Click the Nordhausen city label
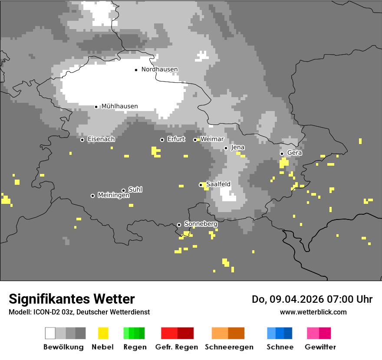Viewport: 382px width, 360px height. pyautogui.click(x=159, y=69)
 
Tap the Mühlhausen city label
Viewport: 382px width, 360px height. pyautogui.click(x=119, y=106)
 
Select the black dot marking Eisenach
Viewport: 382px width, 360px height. pyautogui.click(x=82, y=140)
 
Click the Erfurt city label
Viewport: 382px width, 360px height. pyautogui.click(x=176, y=139)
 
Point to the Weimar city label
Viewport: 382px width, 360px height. pyautogui.click(x=212, y=139)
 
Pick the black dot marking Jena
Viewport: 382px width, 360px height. pyautogui.click(x=226, y=148)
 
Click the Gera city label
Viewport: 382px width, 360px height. pyautogui.click(x=294, y=153)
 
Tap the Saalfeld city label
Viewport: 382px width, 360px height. pyautogui.click(x=218, y=184)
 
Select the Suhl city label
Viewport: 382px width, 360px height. pyautogui.click(x=135, y=190)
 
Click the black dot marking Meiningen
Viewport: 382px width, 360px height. pyautogui.click(x=92, y=196)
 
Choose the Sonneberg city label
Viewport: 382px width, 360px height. pyautogui.click(x=201, y=224)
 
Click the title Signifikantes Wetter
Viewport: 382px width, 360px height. pyautogui.click(x=72, y=299)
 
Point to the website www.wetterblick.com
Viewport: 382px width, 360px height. pyautogui.click(x=313, y=312)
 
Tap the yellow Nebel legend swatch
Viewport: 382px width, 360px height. pyautogui.click(x=103, y=333)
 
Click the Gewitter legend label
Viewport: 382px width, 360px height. pyautogui.click(x=320, y=347)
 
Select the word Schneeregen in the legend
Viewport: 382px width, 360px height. pyautogui.click(x=229, y=347)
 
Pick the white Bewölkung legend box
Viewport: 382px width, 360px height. pyautogui.click(x=50, y=333)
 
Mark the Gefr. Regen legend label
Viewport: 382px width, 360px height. pyautogui.click(x=177, y=347)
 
